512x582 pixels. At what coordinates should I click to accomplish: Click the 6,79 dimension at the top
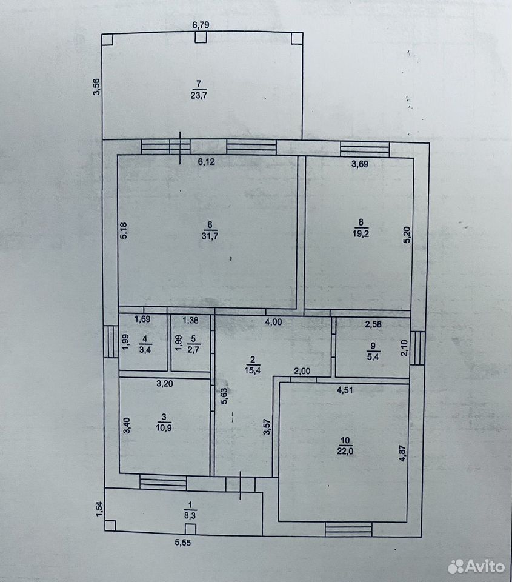201,25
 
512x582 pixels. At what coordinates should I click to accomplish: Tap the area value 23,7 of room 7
199,95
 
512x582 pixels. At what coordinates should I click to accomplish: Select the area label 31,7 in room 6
210,236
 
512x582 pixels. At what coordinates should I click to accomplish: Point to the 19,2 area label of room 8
361,233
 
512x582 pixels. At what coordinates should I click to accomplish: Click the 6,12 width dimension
206,162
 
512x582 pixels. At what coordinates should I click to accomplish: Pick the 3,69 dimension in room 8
360,164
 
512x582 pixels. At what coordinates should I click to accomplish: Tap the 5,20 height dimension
407,235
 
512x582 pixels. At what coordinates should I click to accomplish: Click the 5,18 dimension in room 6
124,230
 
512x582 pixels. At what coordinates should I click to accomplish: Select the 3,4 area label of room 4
145,349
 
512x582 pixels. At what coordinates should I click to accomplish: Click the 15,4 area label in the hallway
253,370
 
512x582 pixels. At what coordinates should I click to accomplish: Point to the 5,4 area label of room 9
373,356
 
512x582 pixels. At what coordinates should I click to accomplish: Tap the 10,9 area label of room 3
164,427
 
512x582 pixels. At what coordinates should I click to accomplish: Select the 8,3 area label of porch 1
190,515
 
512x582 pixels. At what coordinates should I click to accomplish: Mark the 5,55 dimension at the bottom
183,543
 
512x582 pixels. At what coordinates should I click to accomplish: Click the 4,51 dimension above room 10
345,390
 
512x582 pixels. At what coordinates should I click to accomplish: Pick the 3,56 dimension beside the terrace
96,87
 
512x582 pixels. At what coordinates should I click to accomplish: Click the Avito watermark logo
476,566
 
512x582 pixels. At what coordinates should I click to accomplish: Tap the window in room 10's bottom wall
348,529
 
